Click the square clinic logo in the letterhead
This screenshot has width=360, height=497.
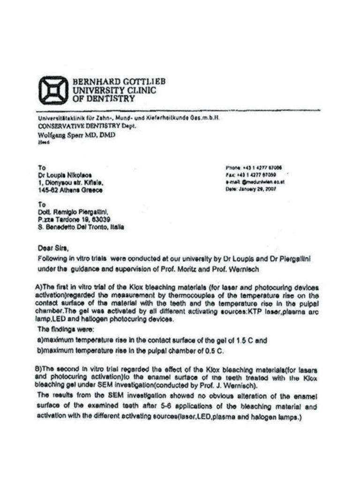[53, 90]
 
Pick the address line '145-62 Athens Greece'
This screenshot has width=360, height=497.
[70, 190]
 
